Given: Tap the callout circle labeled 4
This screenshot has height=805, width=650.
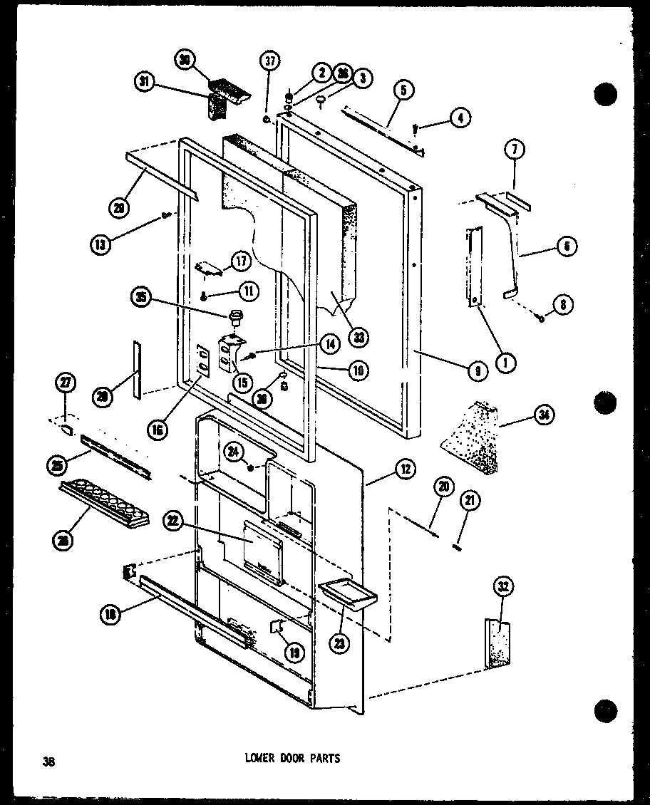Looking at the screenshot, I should click(x=460, y=118).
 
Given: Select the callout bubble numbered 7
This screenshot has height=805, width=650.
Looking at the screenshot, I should click(x=514, y=150).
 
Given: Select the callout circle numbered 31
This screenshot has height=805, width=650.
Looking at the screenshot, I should click(x=145, y=82).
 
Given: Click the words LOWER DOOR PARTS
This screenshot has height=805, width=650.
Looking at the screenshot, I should click(x=287, y=759).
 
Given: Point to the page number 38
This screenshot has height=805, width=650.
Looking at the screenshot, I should click(x=48, y=760).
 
